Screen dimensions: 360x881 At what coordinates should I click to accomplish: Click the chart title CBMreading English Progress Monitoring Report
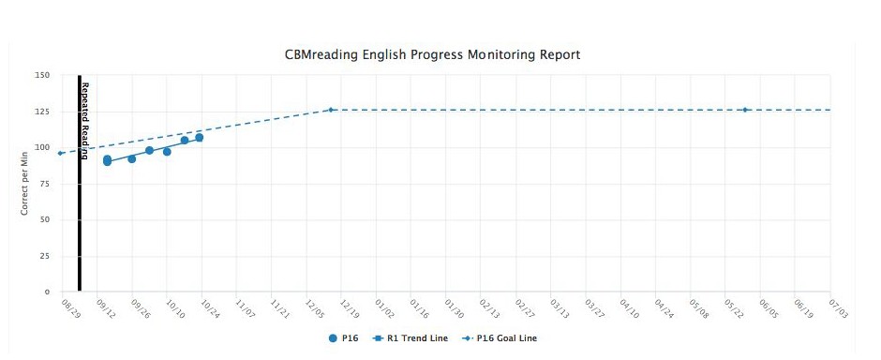pyautogui.click(x=432, y=54)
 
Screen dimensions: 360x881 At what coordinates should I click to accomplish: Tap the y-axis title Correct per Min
pyautogui.click(x=25, y=183)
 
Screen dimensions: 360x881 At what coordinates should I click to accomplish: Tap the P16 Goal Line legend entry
pyautogui.click(x=497, y=338)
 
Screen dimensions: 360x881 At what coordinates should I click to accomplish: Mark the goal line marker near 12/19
pyautogui.click(x=331, y=110)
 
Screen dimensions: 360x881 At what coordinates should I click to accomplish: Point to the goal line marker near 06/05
pyautogui.click(x=745, y=110)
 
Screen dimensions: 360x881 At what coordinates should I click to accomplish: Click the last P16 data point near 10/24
pyautogui.click(x=199, y=138)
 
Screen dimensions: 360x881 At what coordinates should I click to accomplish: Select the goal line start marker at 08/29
pyautogui.click(x=60, y=153)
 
